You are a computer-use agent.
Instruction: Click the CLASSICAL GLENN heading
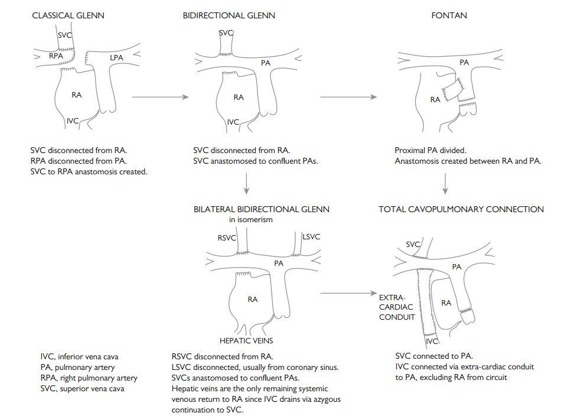pos(68,15)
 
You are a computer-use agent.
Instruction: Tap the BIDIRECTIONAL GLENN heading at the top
pos(229,15)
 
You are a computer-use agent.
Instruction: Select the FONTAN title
pos(449,15)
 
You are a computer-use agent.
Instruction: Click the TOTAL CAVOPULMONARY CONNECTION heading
pos(461,209)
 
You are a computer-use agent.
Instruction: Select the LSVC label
pos(311,237)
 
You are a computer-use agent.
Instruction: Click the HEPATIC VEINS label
pos(246,340)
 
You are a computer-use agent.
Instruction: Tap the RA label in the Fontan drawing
pos(435,100)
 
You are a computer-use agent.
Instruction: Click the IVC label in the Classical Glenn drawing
pos(73,121)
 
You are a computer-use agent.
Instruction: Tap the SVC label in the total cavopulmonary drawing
pos(413,244)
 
